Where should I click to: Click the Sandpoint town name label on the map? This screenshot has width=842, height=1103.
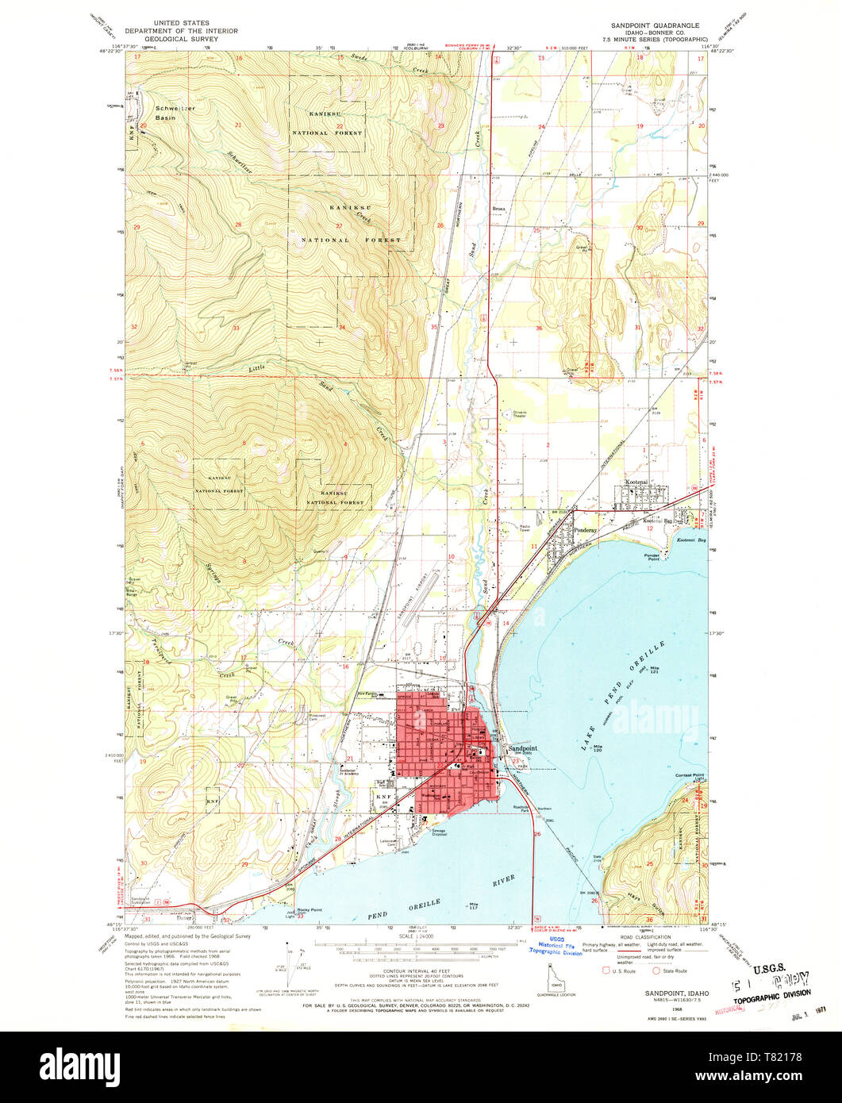[x=522, y=748]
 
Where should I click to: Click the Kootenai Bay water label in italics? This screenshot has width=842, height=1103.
[x=690, y=540]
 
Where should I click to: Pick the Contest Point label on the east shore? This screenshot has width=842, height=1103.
[x=688, y=774]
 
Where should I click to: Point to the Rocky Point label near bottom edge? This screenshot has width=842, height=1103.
[x=310, y=909]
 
